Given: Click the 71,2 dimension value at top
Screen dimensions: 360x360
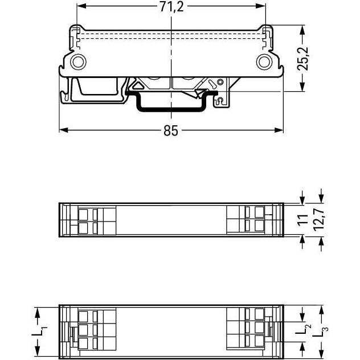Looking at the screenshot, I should [171, 7].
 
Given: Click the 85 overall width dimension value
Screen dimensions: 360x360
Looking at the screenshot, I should [171, 130].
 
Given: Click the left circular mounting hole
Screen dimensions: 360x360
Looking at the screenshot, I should [77, 62].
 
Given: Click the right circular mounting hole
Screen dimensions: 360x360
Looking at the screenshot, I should [264, 62].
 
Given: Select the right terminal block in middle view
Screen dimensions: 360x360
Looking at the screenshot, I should [251, 220].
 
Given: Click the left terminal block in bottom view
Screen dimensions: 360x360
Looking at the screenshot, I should [91, 330].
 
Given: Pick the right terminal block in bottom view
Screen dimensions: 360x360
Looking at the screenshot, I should [251, 329].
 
